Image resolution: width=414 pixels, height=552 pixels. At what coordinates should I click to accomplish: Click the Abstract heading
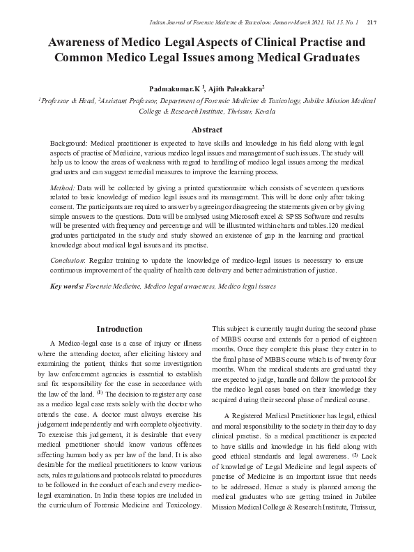click(207, 130)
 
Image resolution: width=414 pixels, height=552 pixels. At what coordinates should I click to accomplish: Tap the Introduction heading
click(120, 328)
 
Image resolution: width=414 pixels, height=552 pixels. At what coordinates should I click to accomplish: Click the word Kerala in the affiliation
click(261, 111)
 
